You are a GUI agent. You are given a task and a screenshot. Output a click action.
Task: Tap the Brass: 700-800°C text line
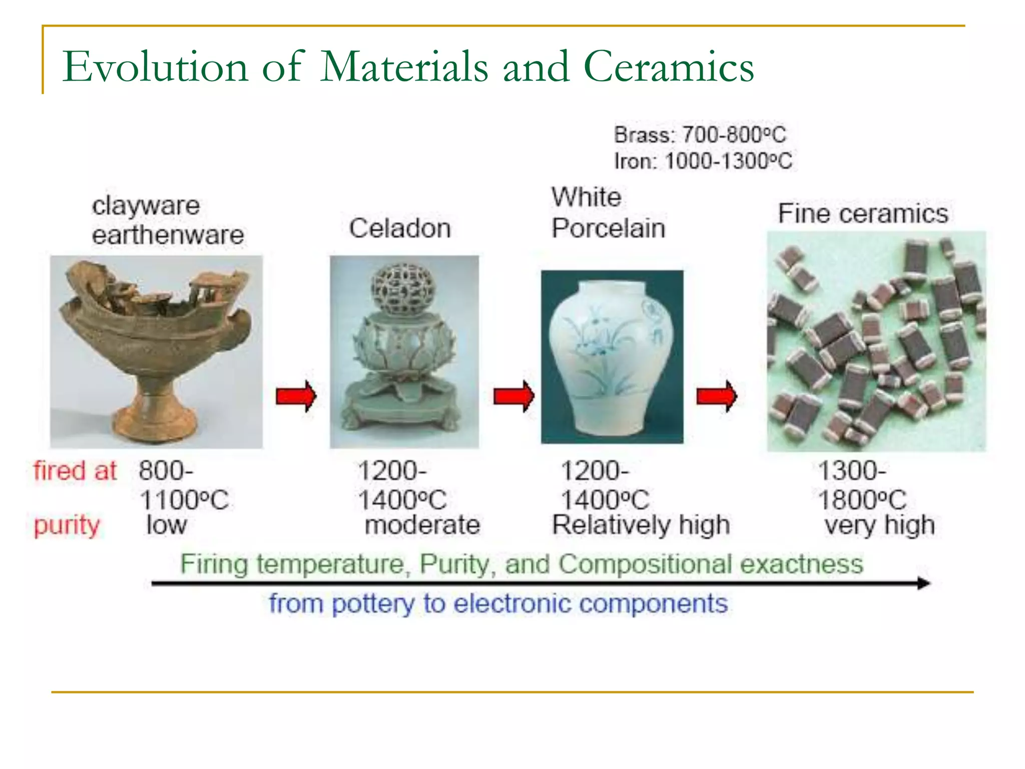pos(700,135)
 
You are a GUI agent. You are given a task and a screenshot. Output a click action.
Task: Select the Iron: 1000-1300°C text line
pos(703,161)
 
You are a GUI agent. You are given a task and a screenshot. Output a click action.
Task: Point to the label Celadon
pos(399,228)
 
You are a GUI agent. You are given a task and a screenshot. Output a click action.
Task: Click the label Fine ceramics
pos(863,214)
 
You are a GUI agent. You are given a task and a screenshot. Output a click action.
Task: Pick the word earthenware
pos(168,235)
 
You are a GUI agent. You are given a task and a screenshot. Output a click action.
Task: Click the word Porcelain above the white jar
pos(608,228)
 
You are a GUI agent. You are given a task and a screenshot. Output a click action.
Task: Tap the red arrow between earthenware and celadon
pos(296,396)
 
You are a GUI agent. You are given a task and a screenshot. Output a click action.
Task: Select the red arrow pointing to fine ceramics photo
pos(716,396)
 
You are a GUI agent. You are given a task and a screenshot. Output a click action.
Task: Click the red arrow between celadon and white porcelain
pos(514,396)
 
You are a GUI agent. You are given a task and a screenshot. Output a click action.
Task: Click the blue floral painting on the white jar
pos(596,345)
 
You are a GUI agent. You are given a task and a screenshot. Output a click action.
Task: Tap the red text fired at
pos(75,471)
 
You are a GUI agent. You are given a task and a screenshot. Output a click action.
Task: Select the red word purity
pos(67,525)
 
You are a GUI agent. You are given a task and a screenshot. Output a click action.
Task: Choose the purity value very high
pos(879,525)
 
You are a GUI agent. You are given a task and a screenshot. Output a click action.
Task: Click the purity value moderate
pos(422,525)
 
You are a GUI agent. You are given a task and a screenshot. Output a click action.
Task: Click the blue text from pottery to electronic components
pos(498,604)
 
